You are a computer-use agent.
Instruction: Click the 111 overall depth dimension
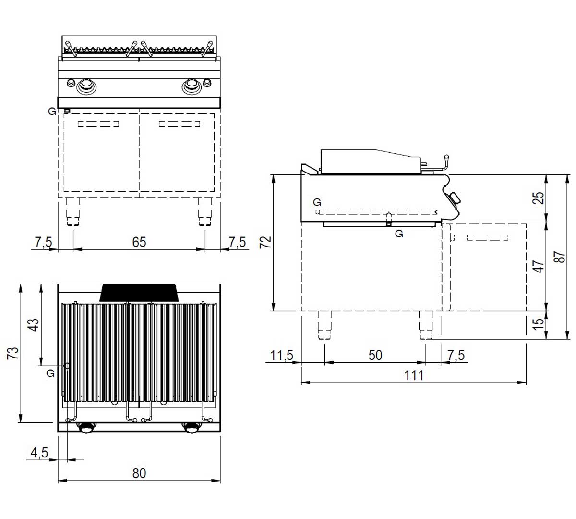(x=414, y=375)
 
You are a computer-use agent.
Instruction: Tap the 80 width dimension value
(x=139, y=473)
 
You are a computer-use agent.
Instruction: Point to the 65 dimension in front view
(x=139, y=242)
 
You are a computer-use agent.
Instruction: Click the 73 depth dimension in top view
(x=13, y=353)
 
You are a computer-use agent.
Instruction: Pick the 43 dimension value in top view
(x=34, y=325)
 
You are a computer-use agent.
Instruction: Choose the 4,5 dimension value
(x=39, y=453)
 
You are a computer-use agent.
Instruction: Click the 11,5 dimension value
(x=282, y=356)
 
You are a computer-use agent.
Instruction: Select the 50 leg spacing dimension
(x=375, y=356)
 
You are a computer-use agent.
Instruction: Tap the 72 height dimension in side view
(x=265, y=242)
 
